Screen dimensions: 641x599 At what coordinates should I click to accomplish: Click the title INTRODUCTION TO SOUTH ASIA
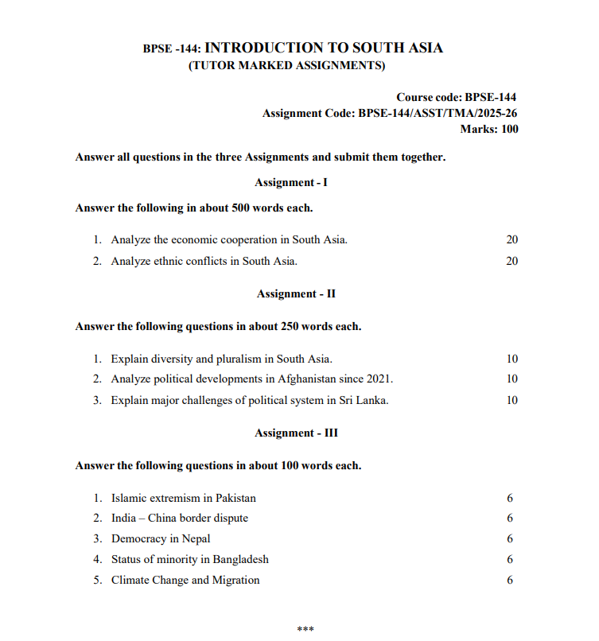point(324,48)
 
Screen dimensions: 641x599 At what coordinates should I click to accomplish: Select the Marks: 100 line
point(489,129)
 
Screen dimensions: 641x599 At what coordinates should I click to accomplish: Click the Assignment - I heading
point(291,183)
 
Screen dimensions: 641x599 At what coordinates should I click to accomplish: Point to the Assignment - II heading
point(296,294)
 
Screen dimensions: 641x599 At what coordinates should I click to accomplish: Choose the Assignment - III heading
point(296,433)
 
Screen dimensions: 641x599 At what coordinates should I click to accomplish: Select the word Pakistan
point(235,499)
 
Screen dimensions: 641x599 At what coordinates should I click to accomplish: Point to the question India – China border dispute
point(180,519)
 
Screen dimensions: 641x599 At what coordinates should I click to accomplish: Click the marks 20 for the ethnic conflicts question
point(511,261)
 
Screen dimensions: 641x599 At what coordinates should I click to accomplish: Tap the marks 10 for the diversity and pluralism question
point(511,359)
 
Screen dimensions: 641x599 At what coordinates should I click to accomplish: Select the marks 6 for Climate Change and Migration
point(510,581)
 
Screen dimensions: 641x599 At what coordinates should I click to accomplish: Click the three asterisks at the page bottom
point(305,630)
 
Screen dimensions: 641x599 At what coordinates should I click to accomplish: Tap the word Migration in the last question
point(235,581)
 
